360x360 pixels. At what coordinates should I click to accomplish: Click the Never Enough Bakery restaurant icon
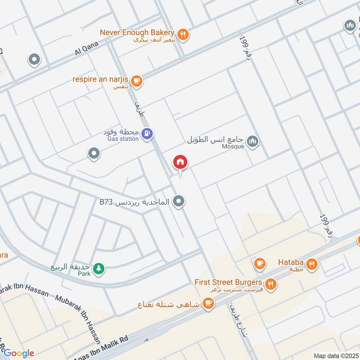click(x=183, y=34)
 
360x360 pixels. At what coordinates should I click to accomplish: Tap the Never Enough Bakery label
click(x=137, y=32)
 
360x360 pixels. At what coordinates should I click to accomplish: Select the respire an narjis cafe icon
click(x=137, y=81)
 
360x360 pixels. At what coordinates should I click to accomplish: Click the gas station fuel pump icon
click(x=147, y=134)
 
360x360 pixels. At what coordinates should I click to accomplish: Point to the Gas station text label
click(x=123, y=139)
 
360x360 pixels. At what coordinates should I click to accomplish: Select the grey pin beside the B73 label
click(x=179, y=202)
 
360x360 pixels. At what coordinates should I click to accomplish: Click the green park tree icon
click(x=99, y=270)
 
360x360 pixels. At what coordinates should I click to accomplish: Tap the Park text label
click(x=84, y=274)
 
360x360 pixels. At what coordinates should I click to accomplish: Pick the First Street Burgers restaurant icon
click(x=270, y=284)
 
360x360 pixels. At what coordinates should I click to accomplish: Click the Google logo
click(x=19, y=353)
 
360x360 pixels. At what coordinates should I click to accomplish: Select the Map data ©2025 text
click(x=335, y=355)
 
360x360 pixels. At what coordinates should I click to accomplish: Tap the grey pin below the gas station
click(x=94, y=154)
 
